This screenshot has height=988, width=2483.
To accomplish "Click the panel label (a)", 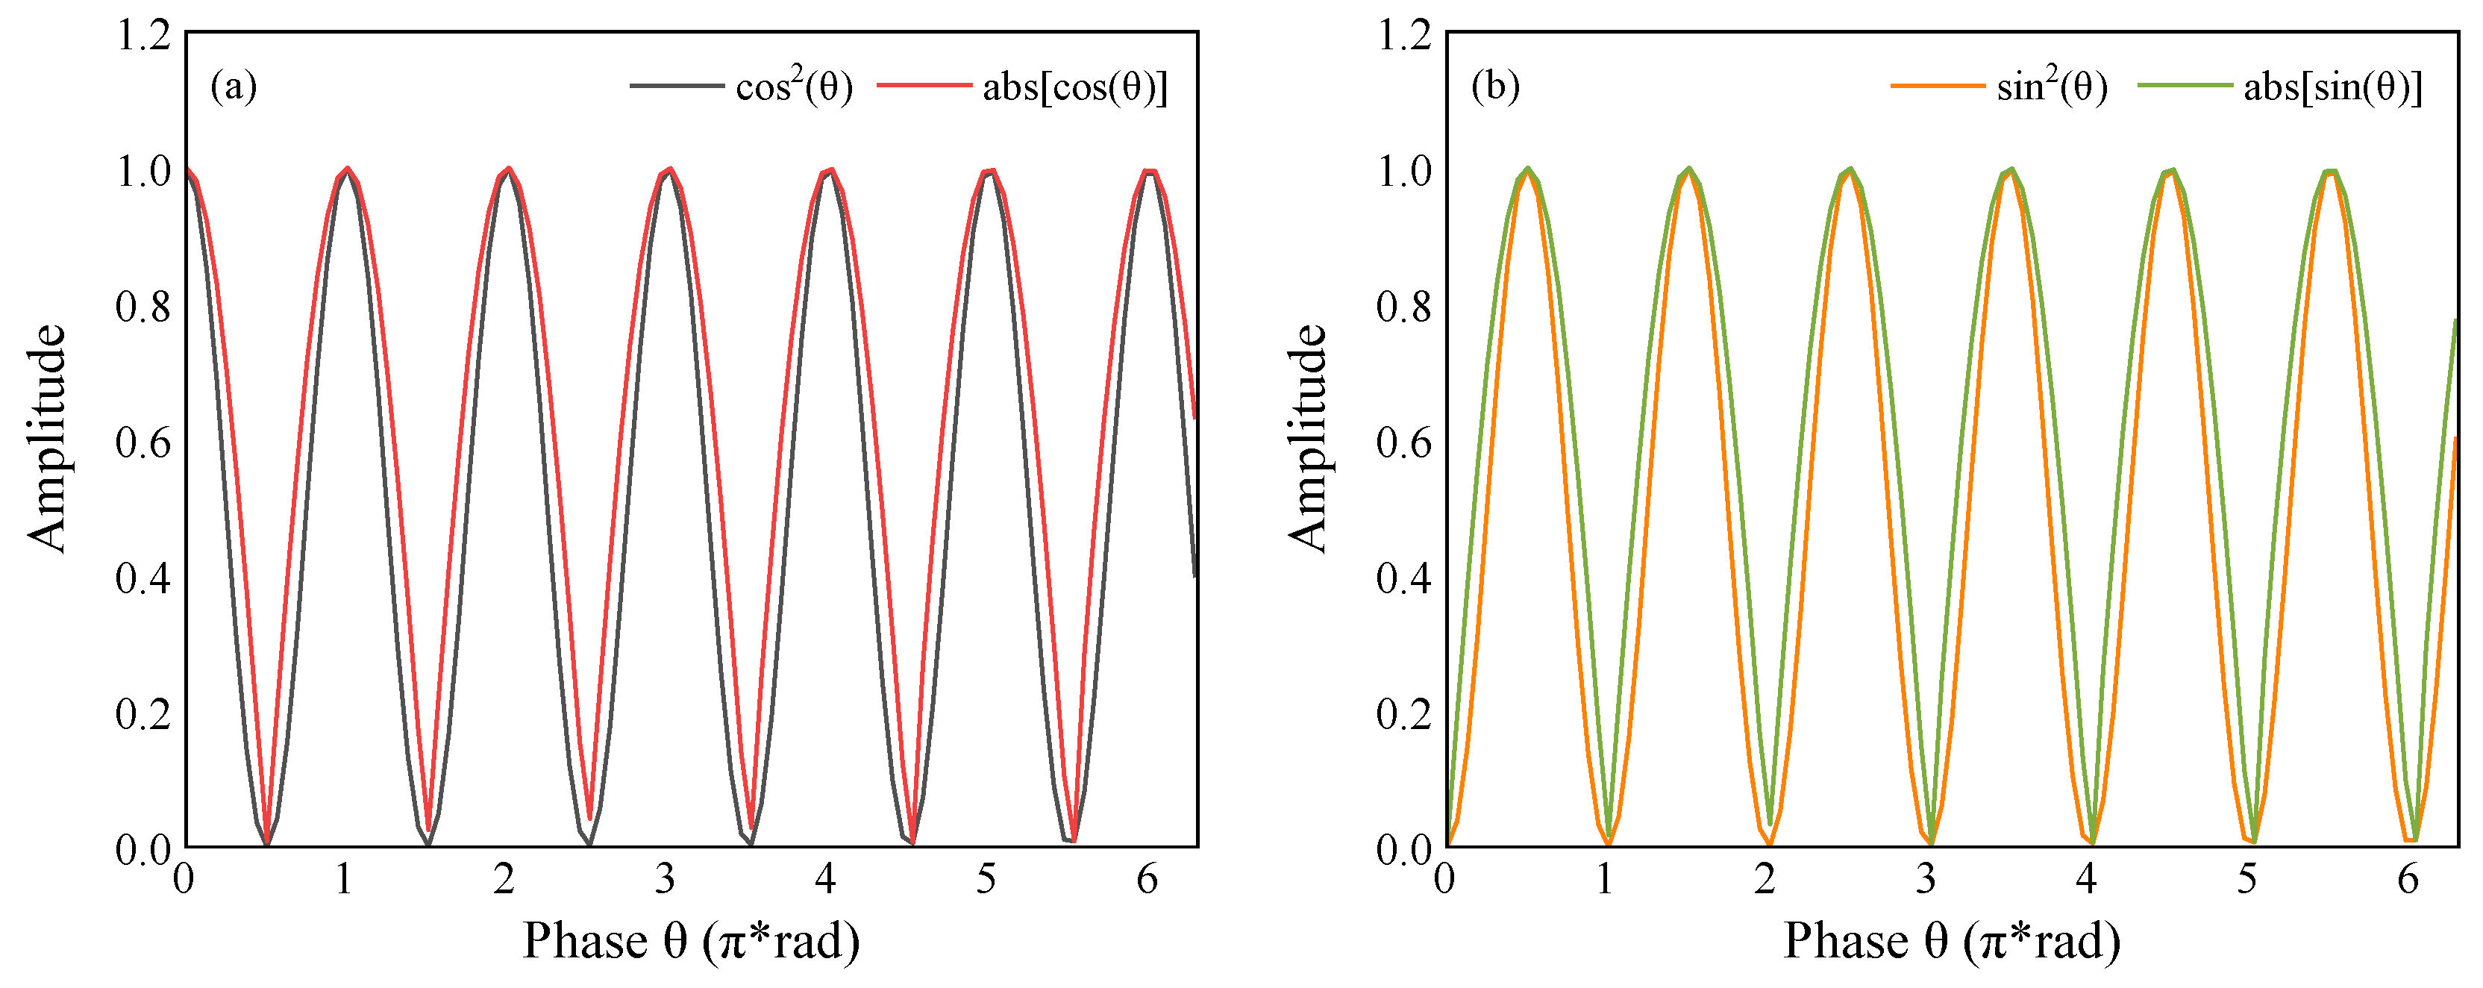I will (234, 87).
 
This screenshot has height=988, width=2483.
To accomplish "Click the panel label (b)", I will (1495, 87).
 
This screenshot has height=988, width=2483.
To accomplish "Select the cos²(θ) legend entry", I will (793, 87).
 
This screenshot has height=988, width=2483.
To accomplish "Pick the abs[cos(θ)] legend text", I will (1074, 87).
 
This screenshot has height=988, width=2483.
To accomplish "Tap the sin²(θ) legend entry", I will (2051, 87).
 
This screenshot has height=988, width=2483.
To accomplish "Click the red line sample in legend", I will (924, 85).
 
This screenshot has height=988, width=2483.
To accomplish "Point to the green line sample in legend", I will (2185, 85).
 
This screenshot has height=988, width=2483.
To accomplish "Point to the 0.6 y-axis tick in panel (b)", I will (1403, 443).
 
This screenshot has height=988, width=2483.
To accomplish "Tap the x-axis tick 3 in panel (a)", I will (664, 879).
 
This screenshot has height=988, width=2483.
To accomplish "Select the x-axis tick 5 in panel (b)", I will (2246, 879).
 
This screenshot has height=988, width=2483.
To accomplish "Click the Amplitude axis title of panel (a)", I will (46, 439).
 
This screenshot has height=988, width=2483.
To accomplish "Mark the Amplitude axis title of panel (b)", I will (1307, 439).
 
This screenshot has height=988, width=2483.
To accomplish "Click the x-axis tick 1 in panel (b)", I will (1604, 879).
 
